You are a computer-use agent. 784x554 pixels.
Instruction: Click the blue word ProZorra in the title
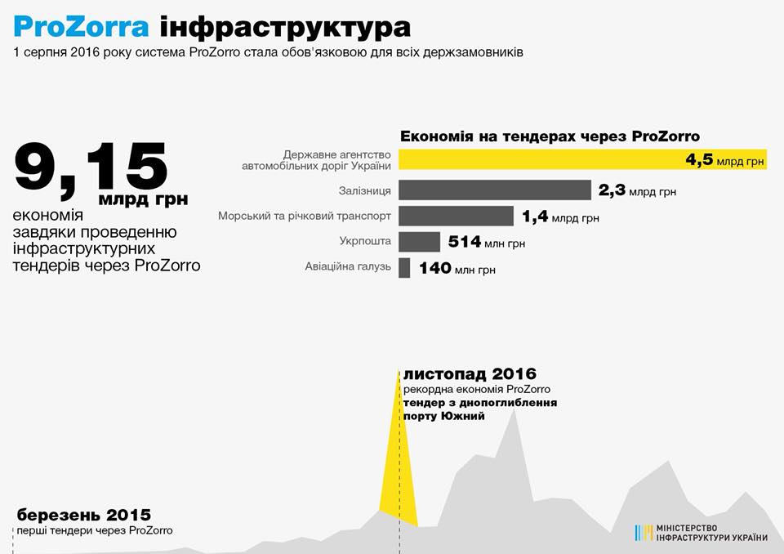coord(81,27)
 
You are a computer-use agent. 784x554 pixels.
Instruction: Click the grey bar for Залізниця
coord(494,190)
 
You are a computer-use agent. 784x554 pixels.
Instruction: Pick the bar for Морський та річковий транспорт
coord(456,217)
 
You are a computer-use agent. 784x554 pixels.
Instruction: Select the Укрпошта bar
coord(419,242)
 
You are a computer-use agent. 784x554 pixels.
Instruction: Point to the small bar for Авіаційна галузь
coord(404,268)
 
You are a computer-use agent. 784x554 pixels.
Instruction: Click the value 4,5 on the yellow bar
coord(700,160)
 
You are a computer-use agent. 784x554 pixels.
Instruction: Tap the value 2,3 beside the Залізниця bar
coord(612,191)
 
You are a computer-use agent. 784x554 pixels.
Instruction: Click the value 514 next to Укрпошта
coord(464,242)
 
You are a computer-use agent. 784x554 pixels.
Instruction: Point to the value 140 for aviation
coord(434,268)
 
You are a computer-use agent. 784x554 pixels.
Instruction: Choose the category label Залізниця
coord(364,191)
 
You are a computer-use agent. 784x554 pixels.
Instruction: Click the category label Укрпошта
coord(365,242)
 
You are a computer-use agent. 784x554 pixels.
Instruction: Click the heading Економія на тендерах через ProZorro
coord(550,136)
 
